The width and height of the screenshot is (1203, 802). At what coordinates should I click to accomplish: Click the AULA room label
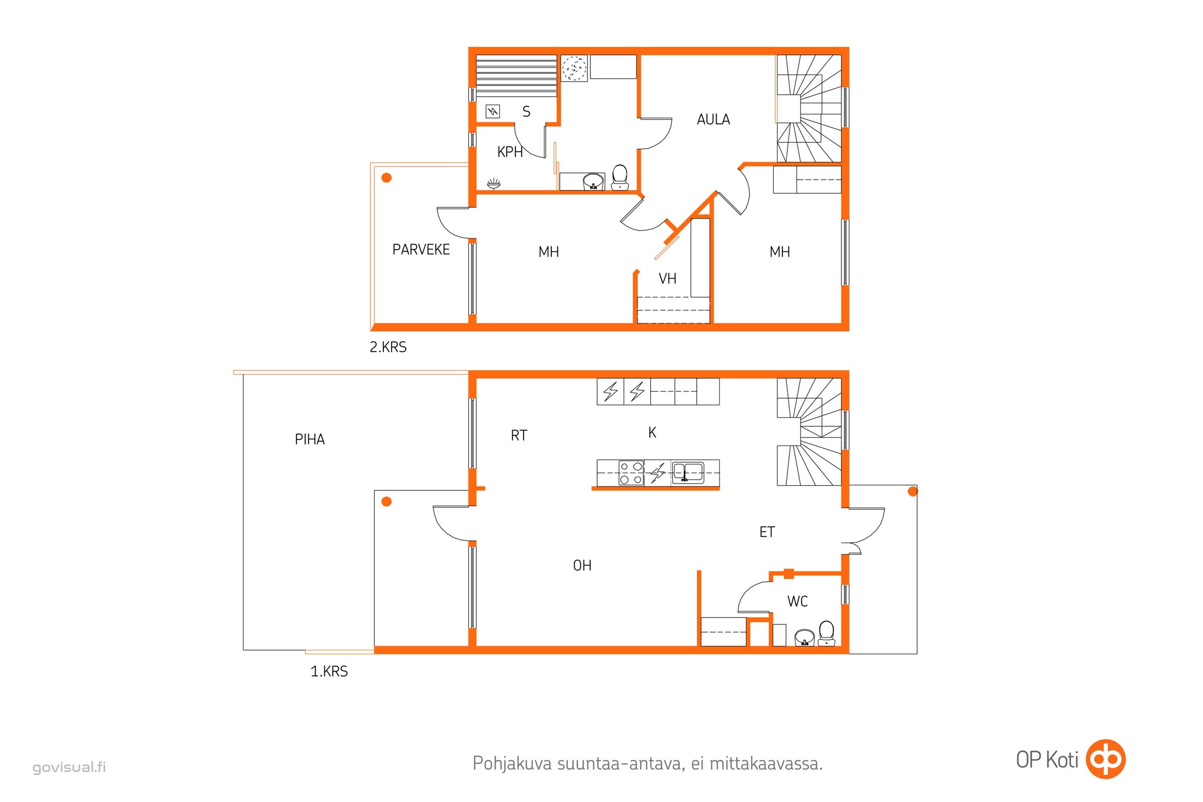point(713,119)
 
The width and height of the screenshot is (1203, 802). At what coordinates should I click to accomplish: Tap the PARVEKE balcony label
point(421,249)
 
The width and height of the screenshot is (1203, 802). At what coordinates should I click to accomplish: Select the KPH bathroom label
point(510,152)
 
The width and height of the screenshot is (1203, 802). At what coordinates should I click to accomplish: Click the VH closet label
point(668,278)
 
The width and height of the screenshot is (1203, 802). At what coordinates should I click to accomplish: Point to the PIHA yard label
point(309,440)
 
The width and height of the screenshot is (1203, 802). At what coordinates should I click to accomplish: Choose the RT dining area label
point(519,435)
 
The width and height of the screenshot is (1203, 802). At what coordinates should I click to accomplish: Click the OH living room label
point(582,565)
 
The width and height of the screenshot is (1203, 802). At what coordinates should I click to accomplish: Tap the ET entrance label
point(767,532)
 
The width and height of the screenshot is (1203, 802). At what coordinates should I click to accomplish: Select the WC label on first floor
point(797,601)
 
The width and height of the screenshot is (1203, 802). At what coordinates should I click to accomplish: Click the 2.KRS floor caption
point(388,347)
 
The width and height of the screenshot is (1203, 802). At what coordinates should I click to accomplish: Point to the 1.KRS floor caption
point(329,671)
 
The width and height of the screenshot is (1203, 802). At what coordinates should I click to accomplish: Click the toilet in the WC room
point(826,633)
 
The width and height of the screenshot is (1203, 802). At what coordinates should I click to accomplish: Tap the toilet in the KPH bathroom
point(620,177)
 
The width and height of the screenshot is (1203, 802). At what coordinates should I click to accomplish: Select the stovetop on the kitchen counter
point(631,473)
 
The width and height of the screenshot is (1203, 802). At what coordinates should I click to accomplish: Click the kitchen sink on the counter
point(688,473)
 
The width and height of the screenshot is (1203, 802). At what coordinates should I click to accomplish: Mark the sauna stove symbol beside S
point(493,111)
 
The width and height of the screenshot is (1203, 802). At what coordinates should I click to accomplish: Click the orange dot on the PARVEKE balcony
point(386,177)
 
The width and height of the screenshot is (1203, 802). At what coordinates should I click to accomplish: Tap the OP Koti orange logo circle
point(1106,759)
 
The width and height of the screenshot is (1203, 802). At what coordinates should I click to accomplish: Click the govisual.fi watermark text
point(69,767)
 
